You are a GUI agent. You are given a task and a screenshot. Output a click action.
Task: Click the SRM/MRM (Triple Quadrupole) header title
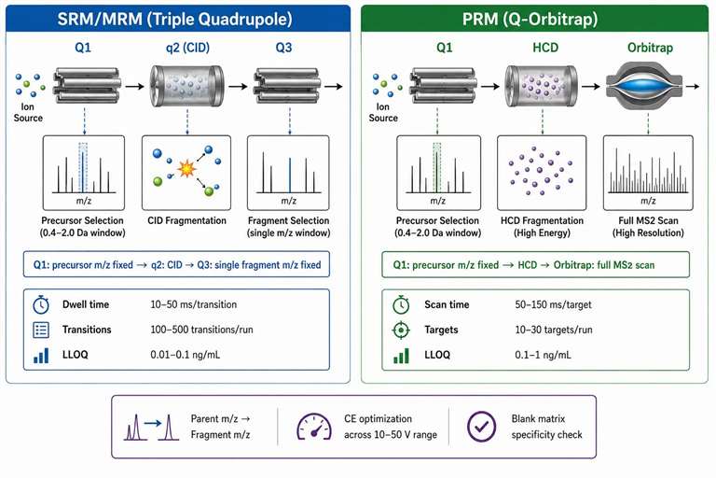(x=175, y=20)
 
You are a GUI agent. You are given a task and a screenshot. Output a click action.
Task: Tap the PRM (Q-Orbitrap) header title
(x=530, y=20)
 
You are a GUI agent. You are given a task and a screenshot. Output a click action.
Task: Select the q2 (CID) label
(x=187, y=48)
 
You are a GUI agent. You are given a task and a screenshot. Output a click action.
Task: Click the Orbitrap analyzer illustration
(x=648, y=87)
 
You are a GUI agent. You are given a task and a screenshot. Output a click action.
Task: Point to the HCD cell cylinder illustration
(x=541, y=86)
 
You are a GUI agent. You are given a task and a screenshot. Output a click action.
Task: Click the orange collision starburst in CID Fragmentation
(x=186, y=169)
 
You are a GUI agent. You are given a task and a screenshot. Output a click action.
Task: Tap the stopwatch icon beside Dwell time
(x=41, y=304)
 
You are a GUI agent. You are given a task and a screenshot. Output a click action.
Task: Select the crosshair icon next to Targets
(x=401, y=330)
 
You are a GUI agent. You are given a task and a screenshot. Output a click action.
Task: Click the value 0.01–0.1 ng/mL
(x=186, y=355)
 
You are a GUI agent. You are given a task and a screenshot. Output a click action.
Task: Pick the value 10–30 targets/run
(x=554, y=330)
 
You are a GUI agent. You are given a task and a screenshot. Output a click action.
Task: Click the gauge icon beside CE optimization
(x=314, y=427)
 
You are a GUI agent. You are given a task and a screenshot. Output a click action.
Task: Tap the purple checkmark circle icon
(x=481, y=427)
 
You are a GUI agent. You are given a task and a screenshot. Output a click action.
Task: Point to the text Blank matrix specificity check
(x=546, y=427)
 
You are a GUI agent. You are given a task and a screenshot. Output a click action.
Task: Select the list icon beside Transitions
(x=41, y=330)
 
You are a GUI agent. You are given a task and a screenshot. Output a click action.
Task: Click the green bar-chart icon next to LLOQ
(x=401, y=356)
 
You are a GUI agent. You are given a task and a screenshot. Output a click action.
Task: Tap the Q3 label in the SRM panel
(x=283, y=48)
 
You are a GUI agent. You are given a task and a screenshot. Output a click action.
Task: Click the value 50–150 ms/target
(x=553, y=304)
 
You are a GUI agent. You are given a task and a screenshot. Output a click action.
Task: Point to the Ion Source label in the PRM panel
(x=383, y=112)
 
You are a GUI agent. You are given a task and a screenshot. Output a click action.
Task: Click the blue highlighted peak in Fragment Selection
(x=290, y=176)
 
